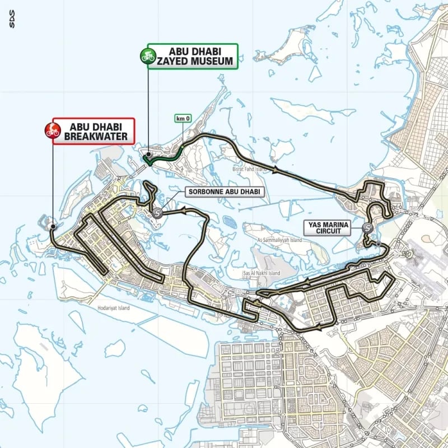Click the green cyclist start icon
point(148,57)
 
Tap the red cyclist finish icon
point(52,132)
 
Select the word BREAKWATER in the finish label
point(95,136)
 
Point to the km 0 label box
point(183,119)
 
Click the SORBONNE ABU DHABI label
point(223,192)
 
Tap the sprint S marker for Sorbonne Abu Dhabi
point(157,213)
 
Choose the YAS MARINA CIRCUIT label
point(326,227)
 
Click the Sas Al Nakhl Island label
point(261,273)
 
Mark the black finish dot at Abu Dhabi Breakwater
point(53,226)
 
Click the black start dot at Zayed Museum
point(148,155)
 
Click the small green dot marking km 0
point(183,146)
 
